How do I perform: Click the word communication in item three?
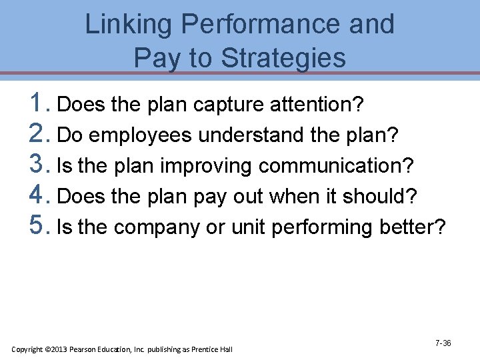coord(336,166)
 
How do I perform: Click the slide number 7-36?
coord(443,343)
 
